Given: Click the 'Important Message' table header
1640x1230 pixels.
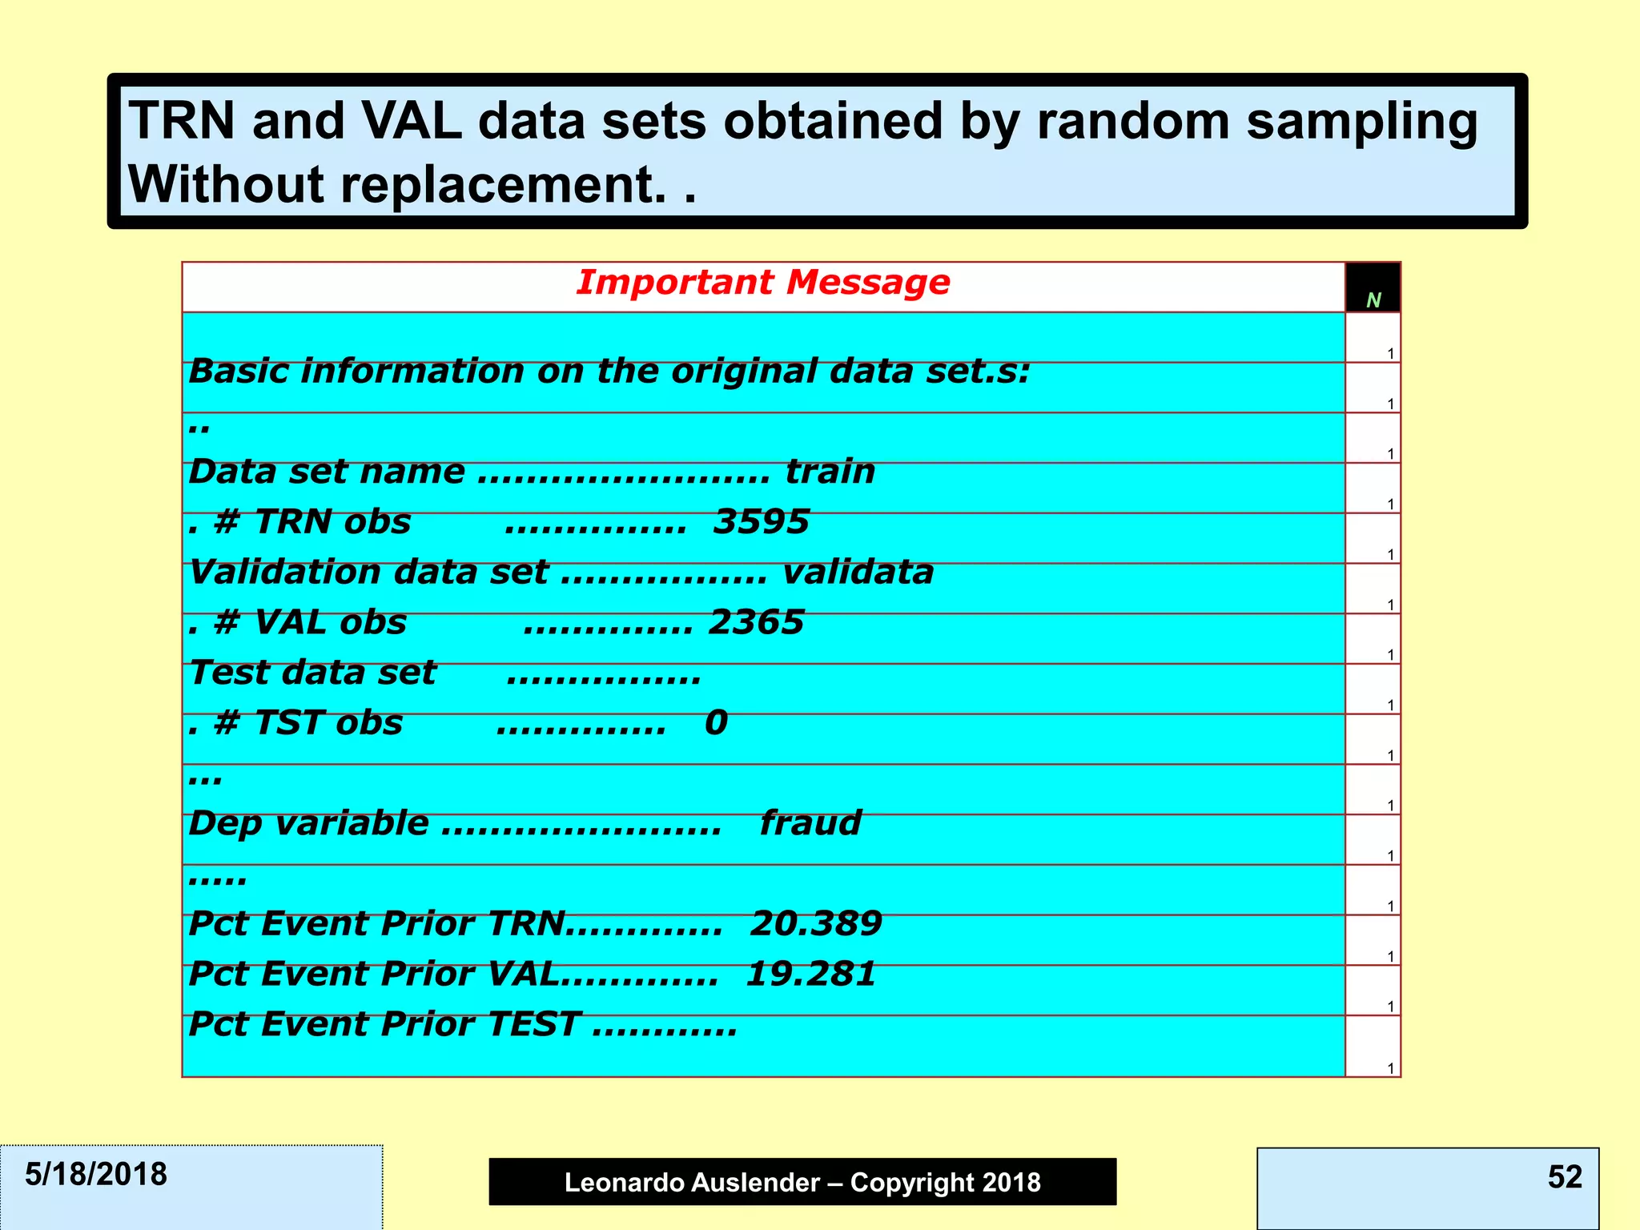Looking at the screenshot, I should tap(762, 283).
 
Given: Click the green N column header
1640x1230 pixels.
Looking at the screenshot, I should tap(1373, 300).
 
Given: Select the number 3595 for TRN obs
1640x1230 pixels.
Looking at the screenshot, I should tap(761, 522).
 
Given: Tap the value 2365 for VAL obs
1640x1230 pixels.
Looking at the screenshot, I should tap(756, 623).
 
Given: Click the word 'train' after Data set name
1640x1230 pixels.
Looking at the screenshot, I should tap(830, 472).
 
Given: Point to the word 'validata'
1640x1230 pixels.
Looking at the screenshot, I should tap(857, 573).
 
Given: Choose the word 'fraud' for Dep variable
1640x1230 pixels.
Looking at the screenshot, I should tap(810, 823).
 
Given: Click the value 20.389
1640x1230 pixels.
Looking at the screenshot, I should tap(815, 924).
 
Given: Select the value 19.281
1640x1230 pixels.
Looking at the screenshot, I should tap(810, 975).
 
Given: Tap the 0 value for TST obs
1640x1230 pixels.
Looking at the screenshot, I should tap(716, 723).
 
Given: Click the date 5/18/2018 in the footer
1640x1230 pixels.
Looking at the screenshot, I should tap(96, 1175).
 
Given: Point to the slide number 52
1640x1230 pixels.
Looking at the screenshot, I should tap(1565, 1177).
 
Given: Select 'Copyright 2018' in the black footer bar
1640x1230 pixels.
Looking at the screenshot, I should tap(945, 1183).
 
